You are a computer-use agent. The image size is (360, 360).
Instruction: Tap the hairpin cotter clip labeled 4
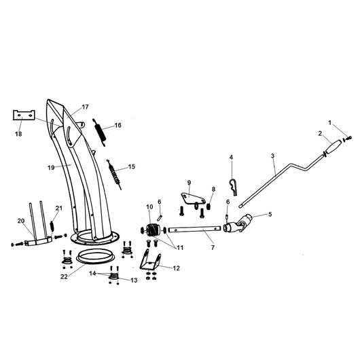(233, 186)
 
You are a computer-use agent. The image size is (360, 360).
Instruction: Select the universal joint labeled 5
(238, 223)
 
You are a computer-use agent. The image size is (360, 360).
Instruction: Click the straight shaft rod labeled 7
(194, 229)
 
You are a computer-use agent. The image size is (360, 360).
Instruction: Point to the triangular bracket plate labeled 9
(192, 198)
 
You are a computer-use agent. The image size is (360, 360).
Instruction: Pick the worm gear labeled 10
(151, 230)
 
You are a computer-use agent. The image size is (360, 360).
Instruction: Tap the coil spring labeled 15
(114, 174)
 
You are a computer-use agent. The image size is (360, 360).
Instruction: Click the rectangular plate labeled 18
(24, 115)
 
